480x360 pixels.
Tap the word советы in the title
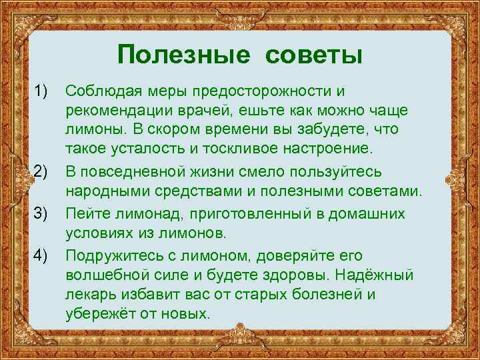[313, 54]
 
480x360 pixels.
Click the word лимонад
[145, 213]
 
